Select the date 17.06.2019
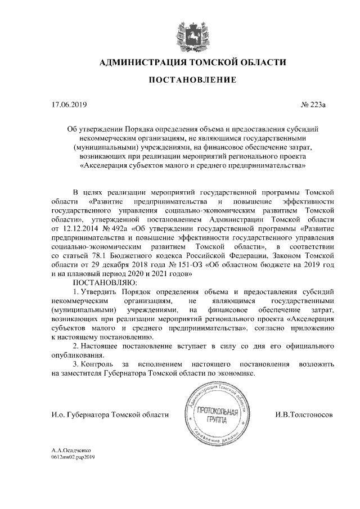click(x=69, y=104)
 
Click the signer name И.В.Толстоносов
click(x=304, y=415)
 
